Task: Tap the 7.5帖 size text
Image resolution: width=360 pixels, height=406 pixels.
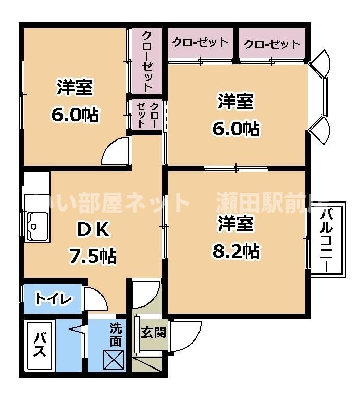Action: pos(93,256)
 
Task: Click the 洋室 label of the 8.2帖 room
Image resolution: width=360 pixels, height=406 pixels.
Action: pos(235,224)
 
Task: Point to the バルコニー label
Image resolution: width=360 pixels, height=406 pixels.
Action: pos(327,239)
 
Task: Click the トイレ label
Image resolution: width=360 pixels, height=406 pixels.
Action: pos(53,299)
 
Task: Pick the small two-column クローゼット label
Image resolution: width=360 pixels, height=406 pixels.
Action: pos(147,114)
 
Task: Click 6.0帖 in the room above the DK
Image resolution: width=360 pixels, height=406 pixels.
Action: pos(75,114)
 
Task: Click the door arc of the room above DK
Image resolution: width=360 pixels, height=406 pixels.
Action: pos(116,151)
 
